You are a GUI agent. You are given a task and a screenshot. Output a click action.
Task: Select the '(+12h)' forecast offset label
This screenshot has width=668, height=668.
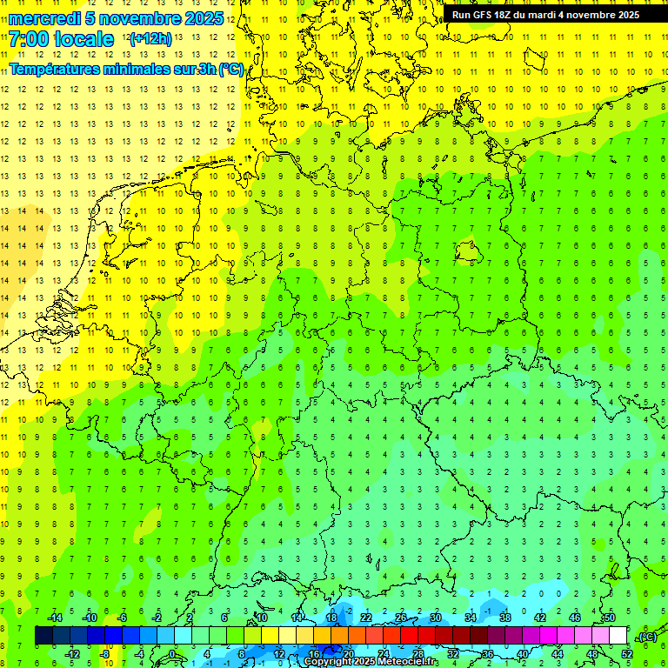(x=150, y=39)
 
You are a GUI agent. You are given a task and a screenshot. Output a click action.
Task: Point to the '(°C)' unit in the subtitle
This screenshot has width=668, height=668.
(x=230, y=69)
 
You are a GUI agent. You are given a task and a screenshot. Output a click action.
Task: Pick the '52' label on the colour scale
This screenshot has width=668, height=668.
(x=626, y=654)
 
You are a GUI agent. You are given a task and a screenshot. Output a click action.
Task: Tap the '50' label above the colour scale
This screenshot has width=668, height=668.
(x=609, y=618)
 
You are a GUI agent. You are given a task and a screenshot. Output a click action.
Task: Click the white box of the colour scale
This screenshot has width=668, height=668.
(x=626, y=636)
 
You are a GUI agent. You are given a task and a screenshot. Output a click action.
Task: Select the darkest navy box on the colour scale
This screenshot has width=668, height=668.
(x=43, y=636)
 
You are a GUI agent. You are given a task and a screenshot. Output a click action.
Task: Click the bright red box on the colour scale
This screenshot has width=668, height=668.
(x=409, y=636)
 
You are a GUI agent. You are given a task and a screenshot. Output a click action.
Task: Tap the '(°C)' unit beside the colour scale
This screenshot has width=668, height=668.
(x=647, y=636)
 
